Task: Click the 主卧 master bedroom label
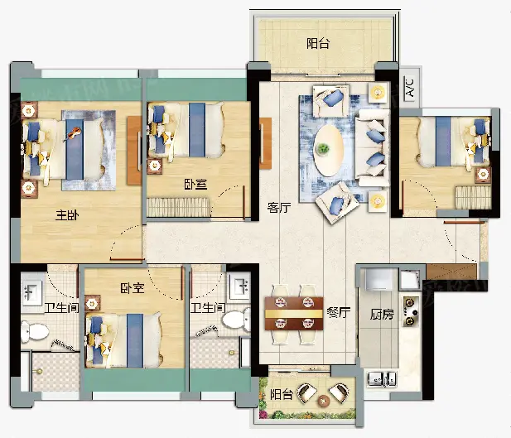(x=67, y=215)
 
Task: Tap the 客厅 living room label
(x=278, y=207)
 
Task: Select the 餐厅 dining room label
(x=338, y=312)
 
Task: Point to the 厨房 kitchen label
(x=382, y=315)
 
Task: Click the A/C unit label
(x=410, y=87)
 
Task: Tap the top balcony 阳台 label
(x=318, y=43)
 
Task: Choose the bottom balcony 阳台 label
(x=282, y=395)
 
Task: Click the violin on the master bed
(x=72, y=133)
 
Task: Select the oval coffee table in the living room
(x=328, y=151)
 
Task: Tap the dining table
(x=294, y=313)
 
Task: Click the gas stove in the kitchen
(x=411, y=311)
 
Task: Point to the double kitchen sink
(x=382, y=378)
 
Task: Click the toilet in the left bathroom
(x=34, y=332)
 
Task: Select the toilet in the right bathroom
(x=236, y=319)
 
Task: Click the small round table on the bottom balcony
(x=324, y=400)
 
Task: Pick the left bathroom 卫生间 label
(x=61, y=308)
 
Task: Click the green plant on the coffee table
(x=323, y=148)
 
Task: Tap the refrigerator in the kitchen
(x=378, y=279)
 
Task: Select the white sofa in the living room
(x=373, y=148)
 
